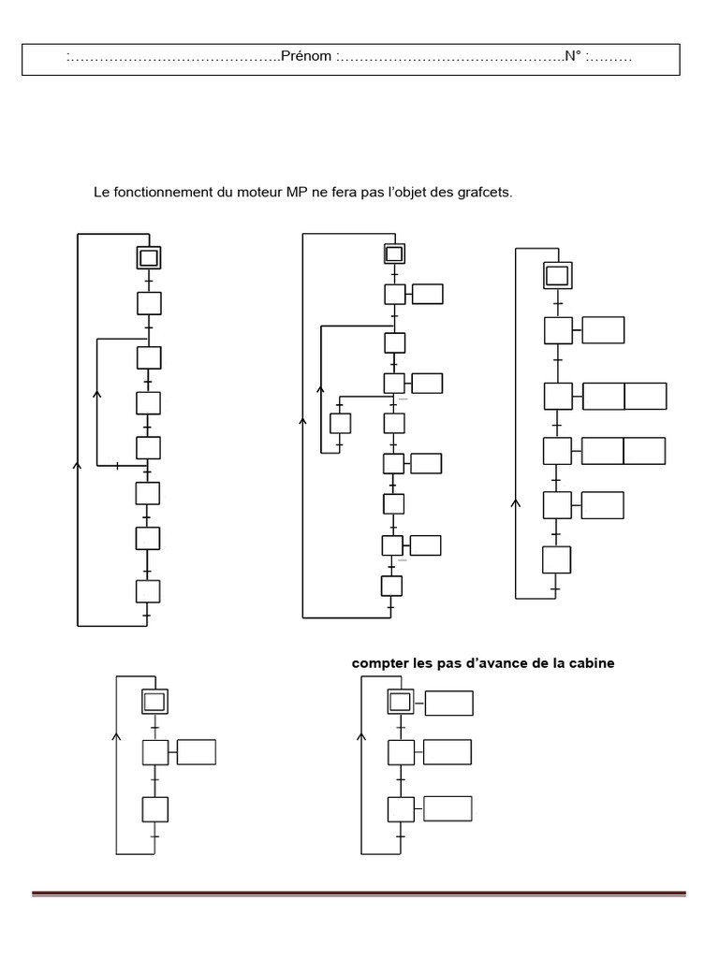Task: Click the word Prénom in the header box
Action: coord(306,57)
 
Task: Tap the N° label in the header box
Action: coord(572,57)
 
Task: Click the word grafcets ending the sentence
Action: coord(483,193)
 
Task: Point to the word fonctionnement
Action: coord(160,193)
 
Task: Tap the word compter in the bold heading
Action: coord(376,663)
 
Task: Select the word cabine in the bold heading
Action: coord(594,663)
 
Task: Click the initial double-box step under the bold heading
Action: coord(400,703)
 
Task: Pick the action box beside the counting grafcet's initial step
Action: coord(448,703)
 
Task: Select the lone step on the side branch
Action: coord(340,423)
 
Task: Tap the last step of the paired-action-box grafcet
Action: coord(556,559)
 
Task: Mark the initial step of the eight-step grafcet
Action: coord(149,257)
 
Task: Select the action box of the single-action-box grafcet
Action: coord(196,752)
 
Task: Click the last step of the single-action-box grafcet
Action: coord(154,809)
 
